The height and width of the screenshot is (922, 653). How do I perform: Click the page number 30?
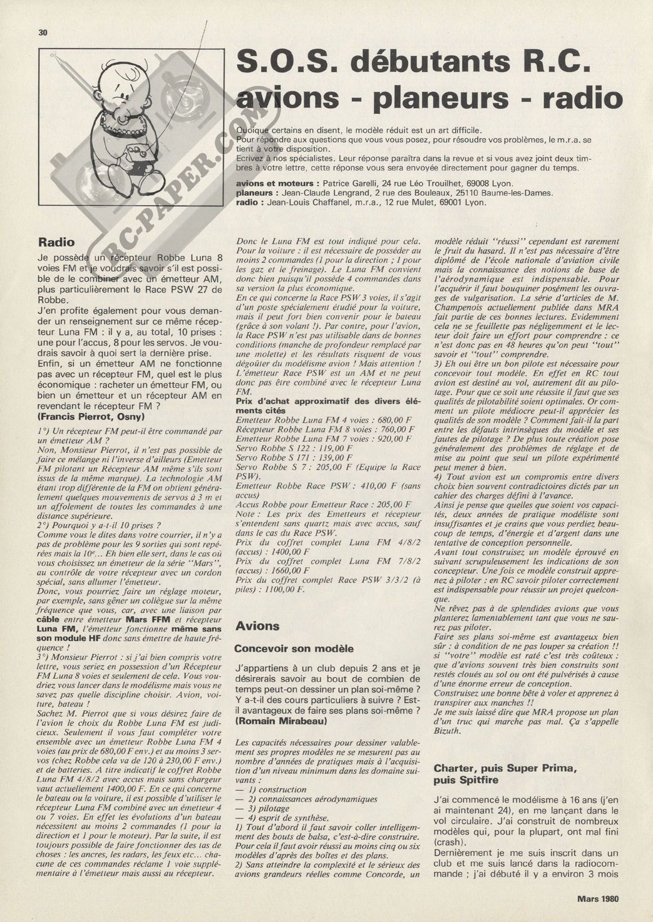click(x=42, y=33)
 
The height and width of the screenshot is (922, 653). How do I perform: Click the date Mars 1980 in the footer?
click(x=597, y=898)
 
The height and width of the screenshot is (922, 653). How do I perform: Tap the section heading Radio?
click(x=56, y=243)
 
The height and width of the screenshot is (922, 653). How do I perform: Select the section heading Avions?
click(x=258, y=626)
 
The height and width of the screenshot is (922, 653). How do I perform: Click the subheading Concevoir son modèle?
click(x=294, y=648)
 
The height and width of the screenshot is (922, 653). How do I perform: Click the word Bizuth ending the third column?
click(x=448, y=731)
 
